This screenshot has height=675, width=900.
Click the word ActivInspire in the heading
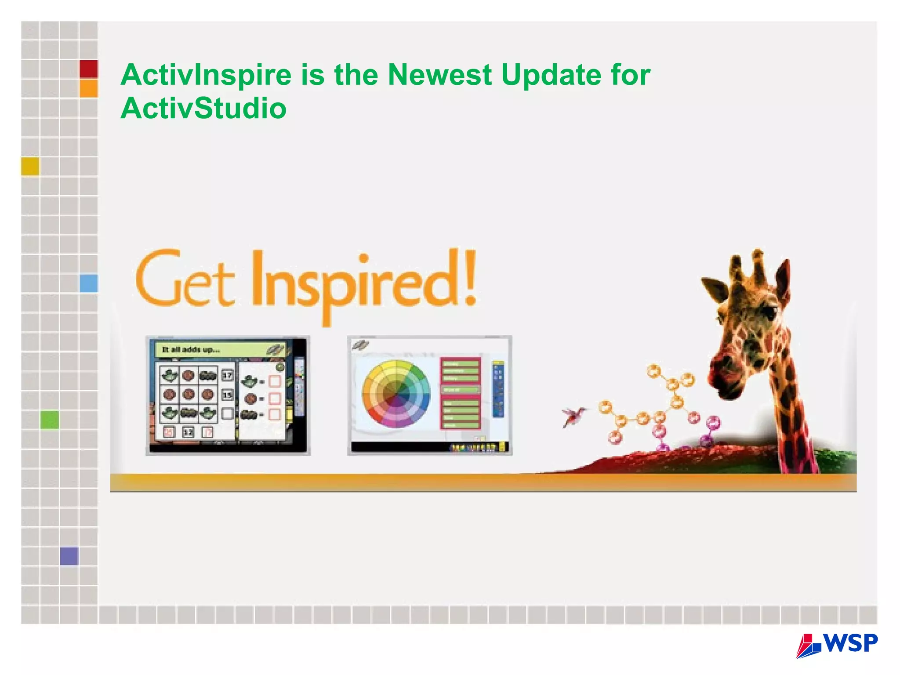click(x=206, y=75)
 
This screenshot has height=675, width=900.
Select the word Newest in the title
click(x=439, y=75)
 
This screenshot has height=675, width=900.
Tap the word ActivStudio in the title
click(x=203, y=108)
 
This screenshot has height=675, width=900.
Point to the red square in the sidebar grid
click(x=89, y=69)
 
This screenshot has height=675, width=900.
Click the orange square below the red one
click(x=89, y=88)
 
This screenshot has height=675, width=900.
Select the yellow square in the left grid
click(x=30, y=166)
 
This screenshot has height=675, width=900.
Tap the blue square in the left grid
click(x=89, y=283)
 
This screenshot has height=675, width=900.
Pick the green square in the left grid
click(x=50, y=420)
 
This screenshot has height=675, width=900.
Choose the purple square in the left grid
click(x=69, y=556)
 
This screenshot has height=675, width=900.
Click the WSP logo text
click(x=851, y=643)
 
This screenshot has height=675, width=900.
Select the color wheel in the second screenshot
click(x=396, y=394)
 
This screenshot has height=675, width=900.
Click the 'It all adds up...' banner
click(x=220, y=350)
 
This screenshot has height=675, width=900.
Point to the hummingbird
click(x=573, y=416)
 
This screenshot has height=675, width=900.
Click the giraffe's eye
click(x=768, y=313)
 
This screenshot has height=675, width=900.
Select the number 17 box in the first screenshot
click(x=227, y=375)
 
